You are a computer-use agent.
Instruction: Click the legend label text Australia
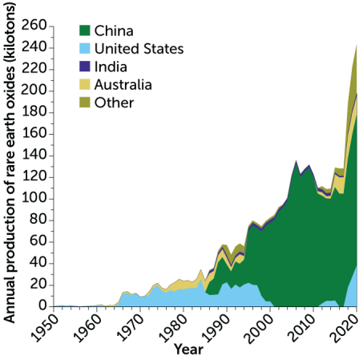pyautogui.click(x=123, y=84)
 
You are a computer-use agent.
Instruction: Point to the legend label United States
pyautogui.click(x=139, y=49)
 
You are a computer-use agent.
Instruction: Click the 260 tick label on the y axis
pyautogui.click(x=33, y=26)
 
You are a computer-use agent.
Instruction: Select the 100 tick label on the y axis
pyautogui.click(x=33, y=198)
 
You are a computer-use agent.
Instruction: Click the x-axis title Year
pyautogui.click(x=188, y=350)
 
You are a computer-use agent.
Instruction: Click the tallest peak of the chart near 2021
pyautogui.click(x=356, y=47)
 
